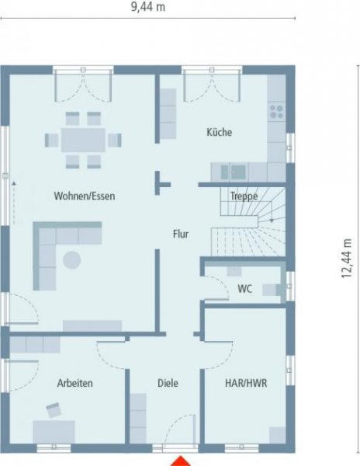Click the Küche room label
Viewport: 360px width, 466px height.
[x=219, y=132]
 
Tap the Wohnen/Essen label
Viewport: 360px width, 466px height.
[x=85, y=196]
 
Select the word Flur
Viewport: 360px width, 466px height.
[x=181, y=233]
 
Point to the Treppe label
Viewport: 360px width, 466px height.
[x=244, y=196]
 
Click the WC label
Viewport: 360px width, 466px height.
[x=244, y=290]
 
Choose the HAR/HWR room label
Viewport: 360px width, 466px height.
[x=244, y=383]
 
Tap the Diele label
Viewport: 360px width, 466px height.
[x=168, y=383]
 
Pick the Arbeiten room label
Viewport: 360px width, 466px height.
[x=75, y=383]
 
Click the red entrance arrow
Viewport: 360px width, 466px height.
[x=181, y=459]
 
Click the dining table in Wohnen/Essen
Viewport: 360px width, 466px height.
[x=83, y=140]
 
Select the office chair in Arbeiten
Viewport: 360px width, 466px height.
[x=55, y=409]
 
